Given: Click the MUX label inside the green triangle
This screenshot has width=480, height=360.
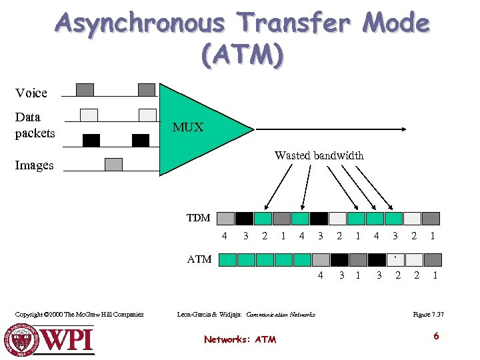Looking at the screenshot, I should coord(188,127).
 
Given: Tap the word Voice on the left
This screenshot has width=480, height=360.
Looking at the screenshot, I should coord(31,93).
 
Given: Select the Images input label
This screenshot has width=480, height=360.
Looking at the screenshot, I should coord(35,165).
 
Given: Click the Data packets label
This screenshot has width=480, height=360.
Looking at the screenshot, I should coord(35,125).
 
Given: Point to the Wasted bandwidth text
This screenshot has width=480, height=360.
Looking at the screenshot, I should coord(319,155).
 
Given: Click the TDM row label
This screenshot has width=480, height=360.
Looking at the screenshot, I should coord(198,218).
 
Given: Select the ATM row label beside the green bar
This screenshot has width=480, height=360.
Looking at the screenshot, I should coord(199,259).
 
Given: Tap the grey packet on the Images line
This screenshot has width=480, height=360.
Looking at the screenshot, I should coord(114,164).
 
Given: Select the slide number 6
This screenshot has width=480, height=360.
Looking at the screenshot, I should coord(436,336).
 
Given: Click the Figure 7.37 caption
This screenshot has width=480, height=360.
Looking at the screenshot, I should coord(428,314).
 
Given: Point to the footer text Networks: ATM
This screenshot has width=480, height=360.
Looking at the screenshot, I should coord(240,339).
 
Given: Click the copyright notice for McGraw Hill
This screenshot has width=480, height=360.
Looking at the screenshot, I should coord(79,314).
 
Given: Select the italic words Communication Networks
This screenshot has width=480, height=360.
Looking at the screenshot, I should coord(281,314).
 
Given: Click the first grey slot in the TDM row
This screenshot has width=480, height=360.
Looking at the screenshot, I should coord(226,218).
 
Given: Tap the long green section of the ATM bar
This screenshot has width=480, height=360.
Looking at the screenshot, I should coord(265,259).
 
